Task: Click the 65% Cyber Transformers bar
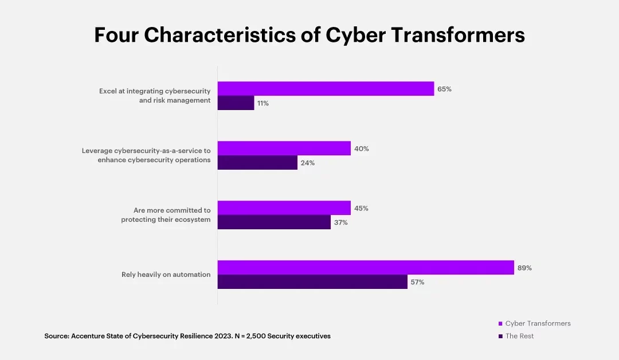click(x=326, y=88)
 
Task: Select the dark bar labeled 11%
click(x=236, y=103)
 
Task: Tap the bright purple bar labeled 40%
click(x=284, y=148)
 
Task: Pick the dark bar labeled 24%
click(x=257, y=163)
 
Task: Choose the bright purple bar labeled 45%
click(x=284, y=208)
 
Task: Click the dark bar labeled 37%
click(x=274, y=222)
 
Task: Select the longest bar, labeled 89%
click(x=366, y=267)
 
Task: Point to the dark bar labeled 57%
click(x=312, y=282)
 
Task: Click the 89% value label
click(x=524, y=268)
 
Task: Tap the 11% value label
click(x=263, y=104)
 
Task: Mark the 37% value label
click(x=340, y=223)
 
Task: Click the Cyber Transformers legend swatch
click(x=500, y=324)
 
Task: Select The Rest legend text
click(x=519, y=336)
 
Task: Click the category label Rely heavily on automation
click(x=166, y=275)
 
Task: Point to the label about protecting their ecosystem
click(x=166, y=215)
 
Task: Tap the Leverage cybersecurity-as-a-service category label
click(x=146, y=155)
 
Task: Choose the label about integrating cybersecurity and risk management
click(x=154, y=96)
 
